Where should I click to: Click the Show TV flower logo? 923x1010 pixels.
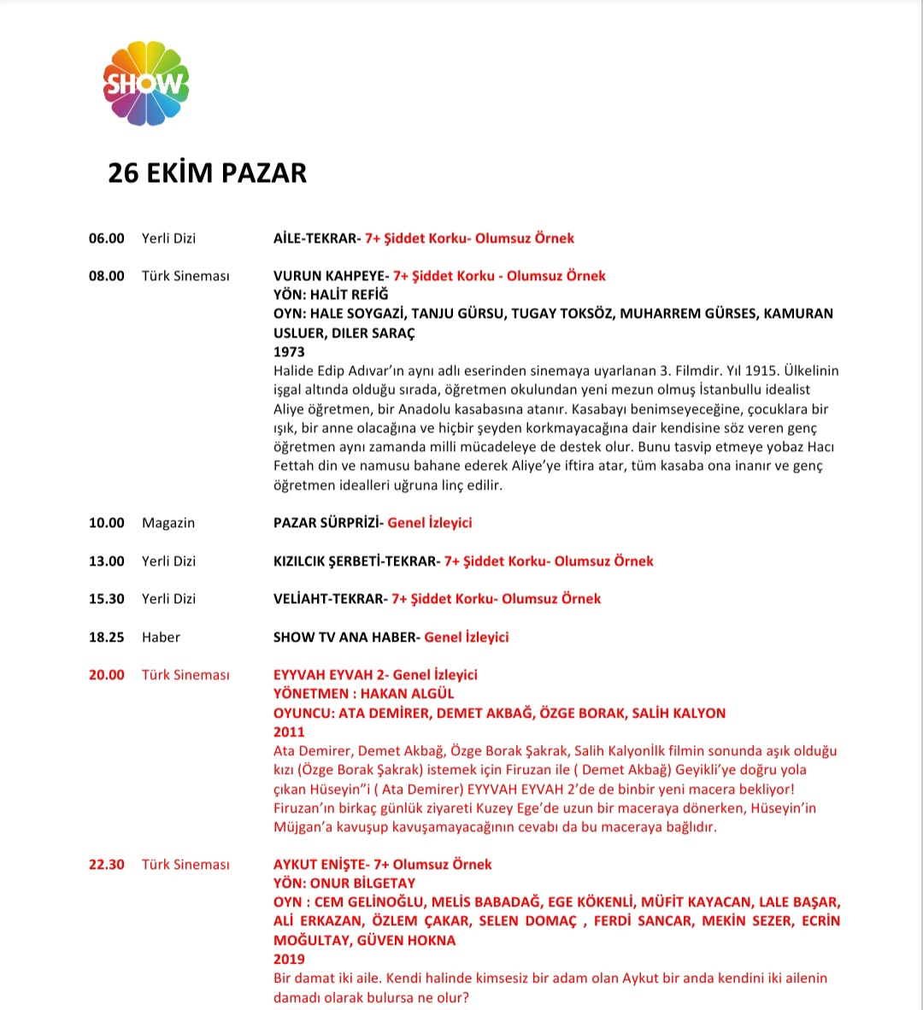(145, 84)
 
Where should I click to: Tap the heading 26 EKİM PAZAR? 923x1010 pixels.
(207, 173)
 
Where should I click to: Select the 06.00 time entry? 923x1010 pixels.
(106, 238)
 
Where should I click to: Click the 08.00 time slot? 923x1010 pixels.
(106, 276)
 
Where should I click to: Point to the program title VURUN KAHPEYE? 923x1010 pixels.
(329, 276)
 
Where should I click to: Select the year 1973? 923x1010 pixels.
(289, 351)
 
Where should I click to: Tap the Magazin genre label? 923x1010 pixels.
(168, 523)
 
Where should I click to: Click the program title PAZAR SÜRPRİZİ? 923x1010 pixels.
(326, 523)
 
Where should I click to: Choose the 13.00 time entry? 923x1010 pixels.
(106, 561)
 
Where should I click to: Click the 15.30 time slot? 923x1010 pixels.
(106, 599)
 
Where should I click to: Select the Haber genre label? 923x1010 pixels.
(161, 637)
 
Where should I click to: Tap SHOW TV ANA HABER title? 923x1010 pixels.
(345, 637)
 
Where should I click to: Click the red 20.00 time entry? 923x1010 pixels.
(106, 675)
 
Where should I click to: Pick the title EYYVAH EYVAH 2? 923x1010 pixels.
(330, 675)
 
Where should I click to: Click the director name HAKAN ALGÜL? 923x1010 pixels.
(407, 694)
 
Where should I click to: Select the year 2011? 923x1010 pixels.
(289, 731)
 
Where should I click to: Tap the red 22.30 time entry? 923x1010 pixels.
(106, 865)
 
